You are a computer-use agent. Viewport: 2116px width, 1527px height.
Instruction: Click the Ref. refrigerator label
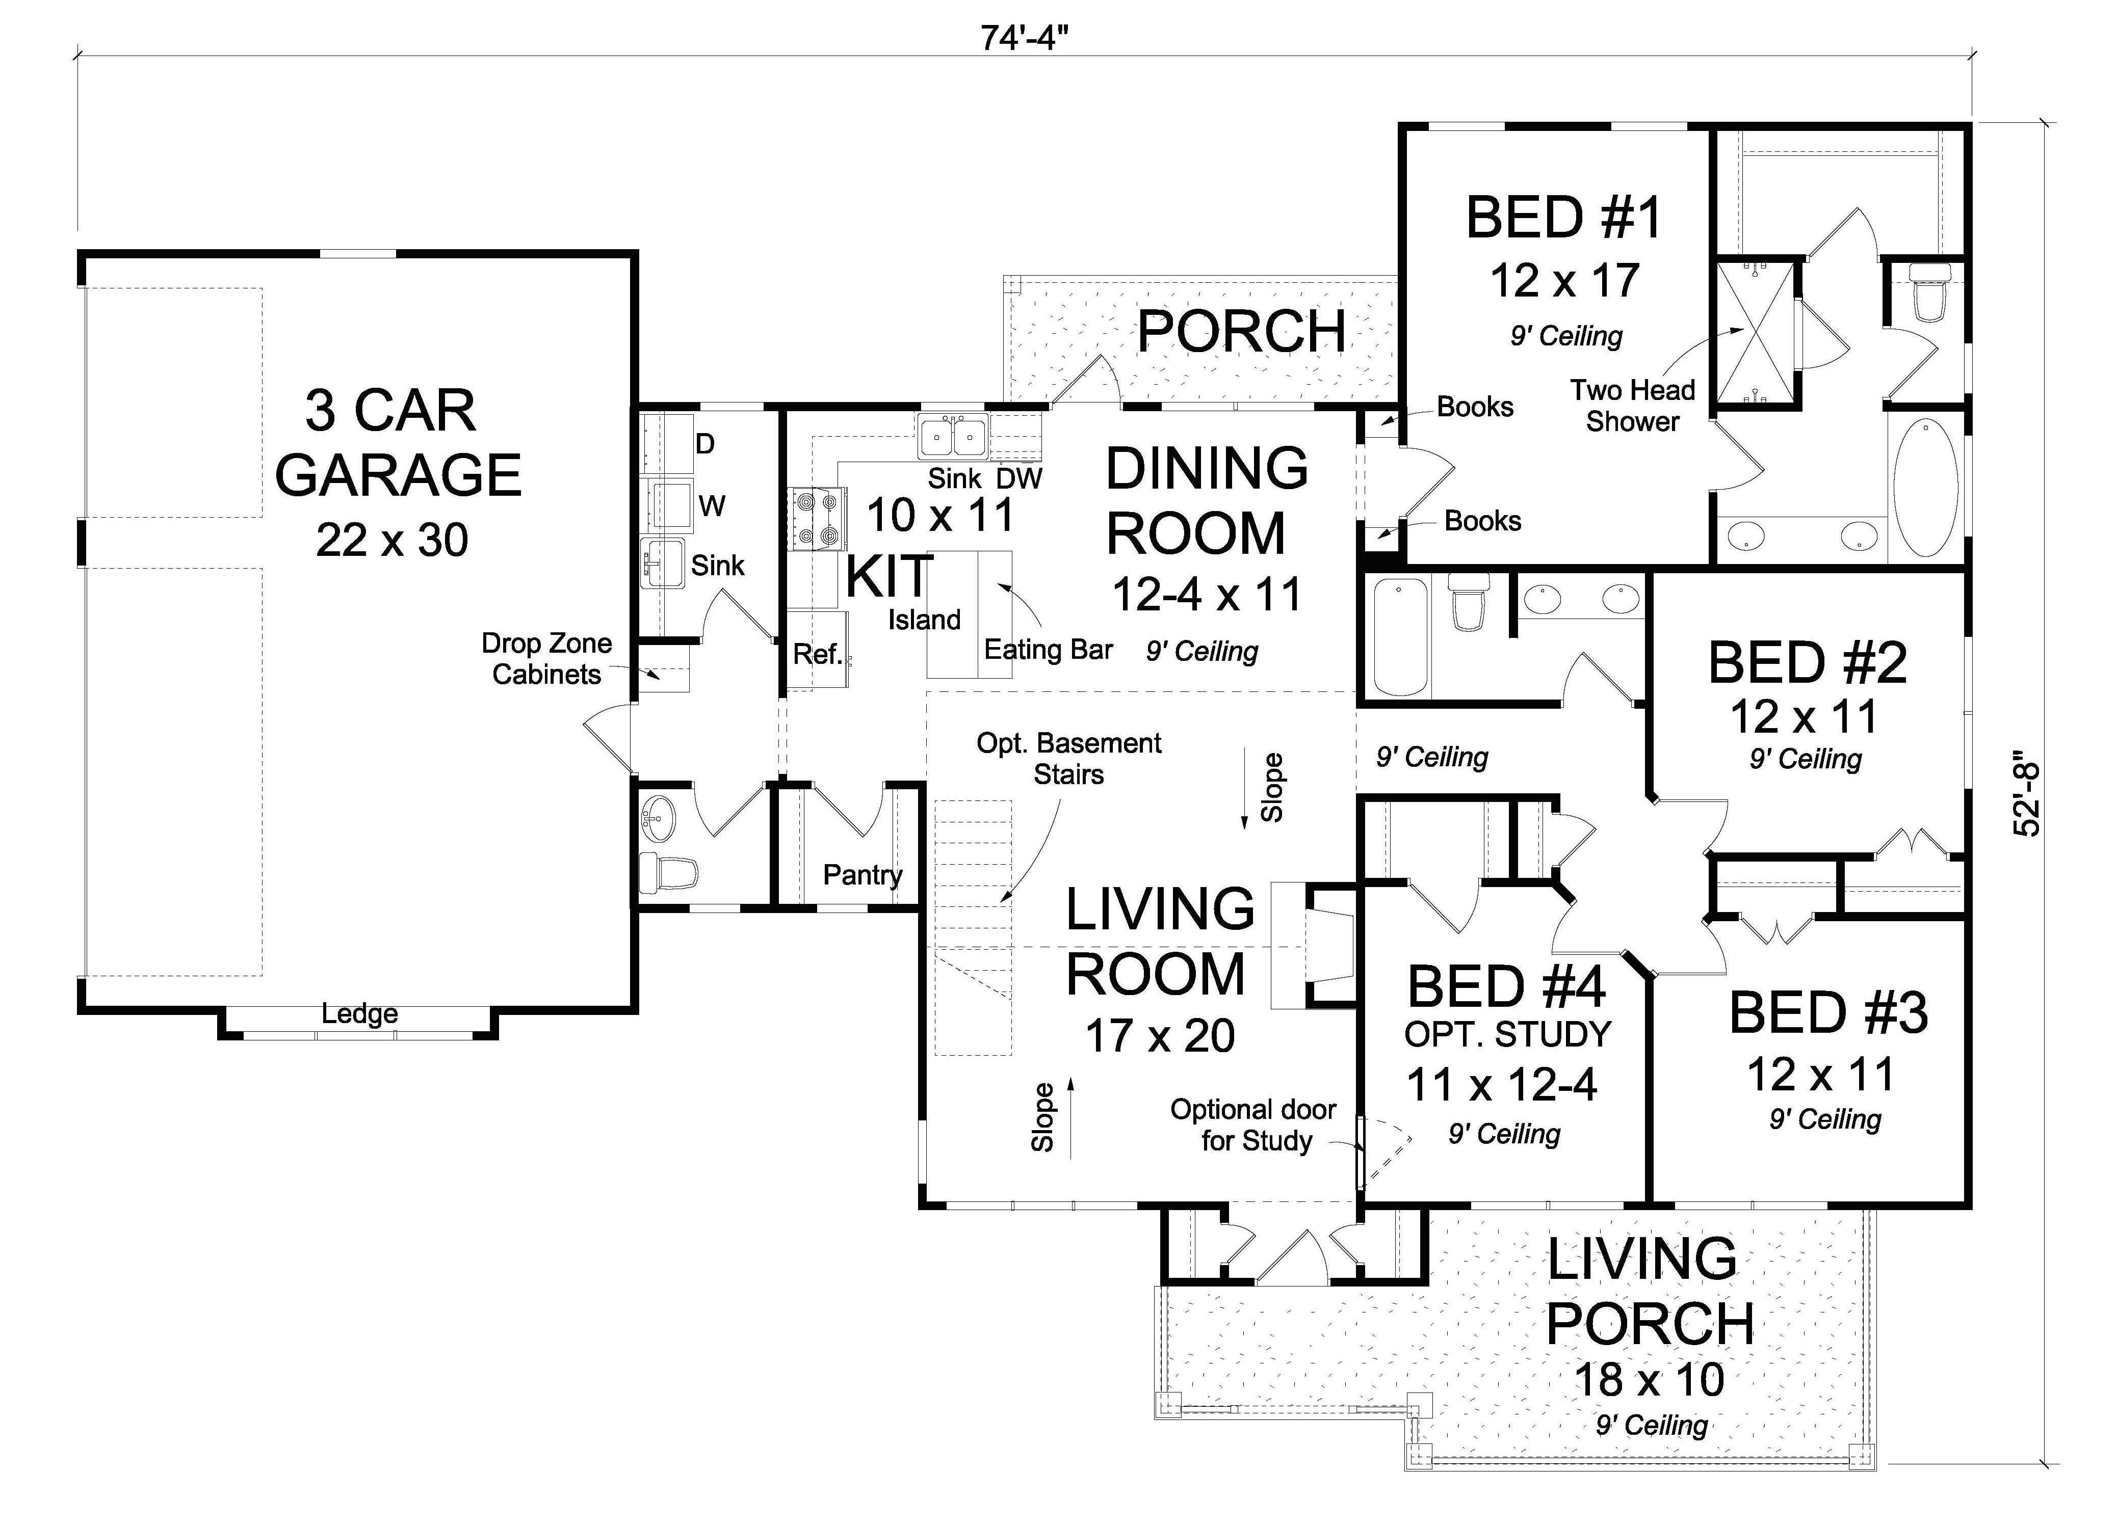point(816,654)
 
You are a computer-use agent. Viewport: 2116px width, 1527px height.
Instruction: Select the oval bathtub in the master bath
point(1926,489)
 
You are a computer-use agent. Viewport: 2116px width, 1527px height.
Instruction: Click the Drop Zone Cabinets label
point(547,659)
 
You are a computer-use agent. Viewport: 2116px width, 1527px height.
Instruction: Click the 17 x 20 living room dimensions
point(1160,1035)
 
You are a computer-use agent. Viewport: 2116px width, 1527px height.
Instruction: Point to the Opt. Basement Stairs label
point(1068,758)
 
